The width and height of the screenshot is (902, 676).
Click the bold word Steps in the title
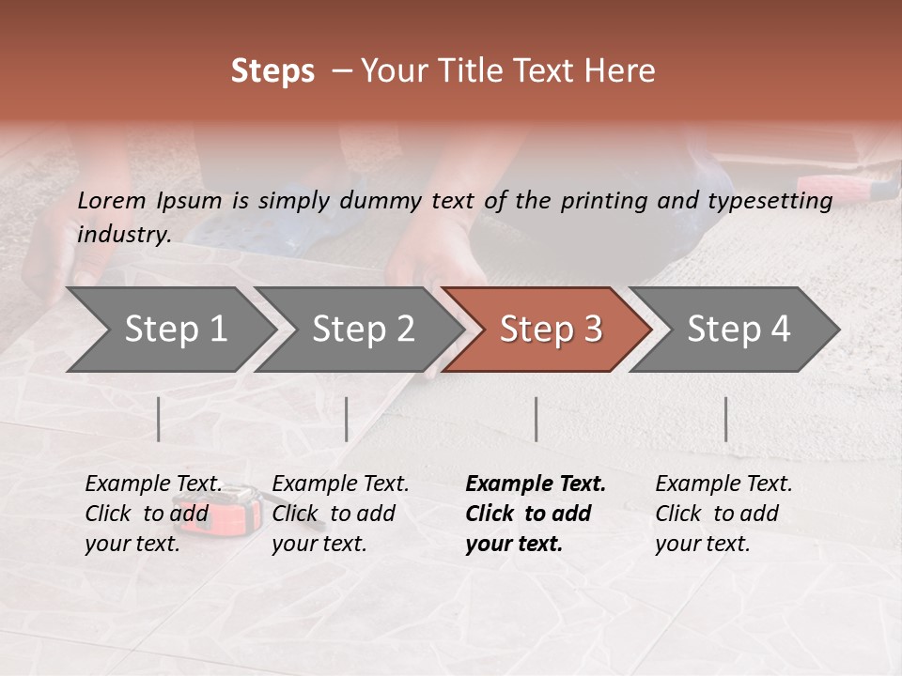tap(272, 71)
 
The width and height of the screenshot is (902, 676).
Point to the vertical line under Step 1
tap(159, 419)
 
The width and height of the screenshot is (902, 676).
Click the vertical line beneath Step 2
tap(347, 419)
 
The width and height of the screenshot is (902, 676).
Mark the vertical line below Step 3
tap(537, 419)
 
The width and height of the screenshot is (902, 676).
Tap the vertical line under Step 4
tap(726, 419)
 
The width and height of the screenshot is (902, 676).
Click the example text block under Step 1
tap(153, 514)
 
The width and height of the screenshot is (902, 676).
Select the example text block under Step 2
tap(340, 514)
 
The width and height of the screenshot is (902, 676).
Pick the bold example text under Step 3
tap(535, 514)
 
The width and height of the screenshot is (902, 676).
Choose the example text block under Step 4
tap(723, 514)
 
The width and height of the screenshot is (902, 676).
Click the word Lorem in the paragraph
tap(112, 200)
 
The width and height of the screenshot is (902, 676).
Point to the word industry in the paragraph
tap(124, 234)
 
